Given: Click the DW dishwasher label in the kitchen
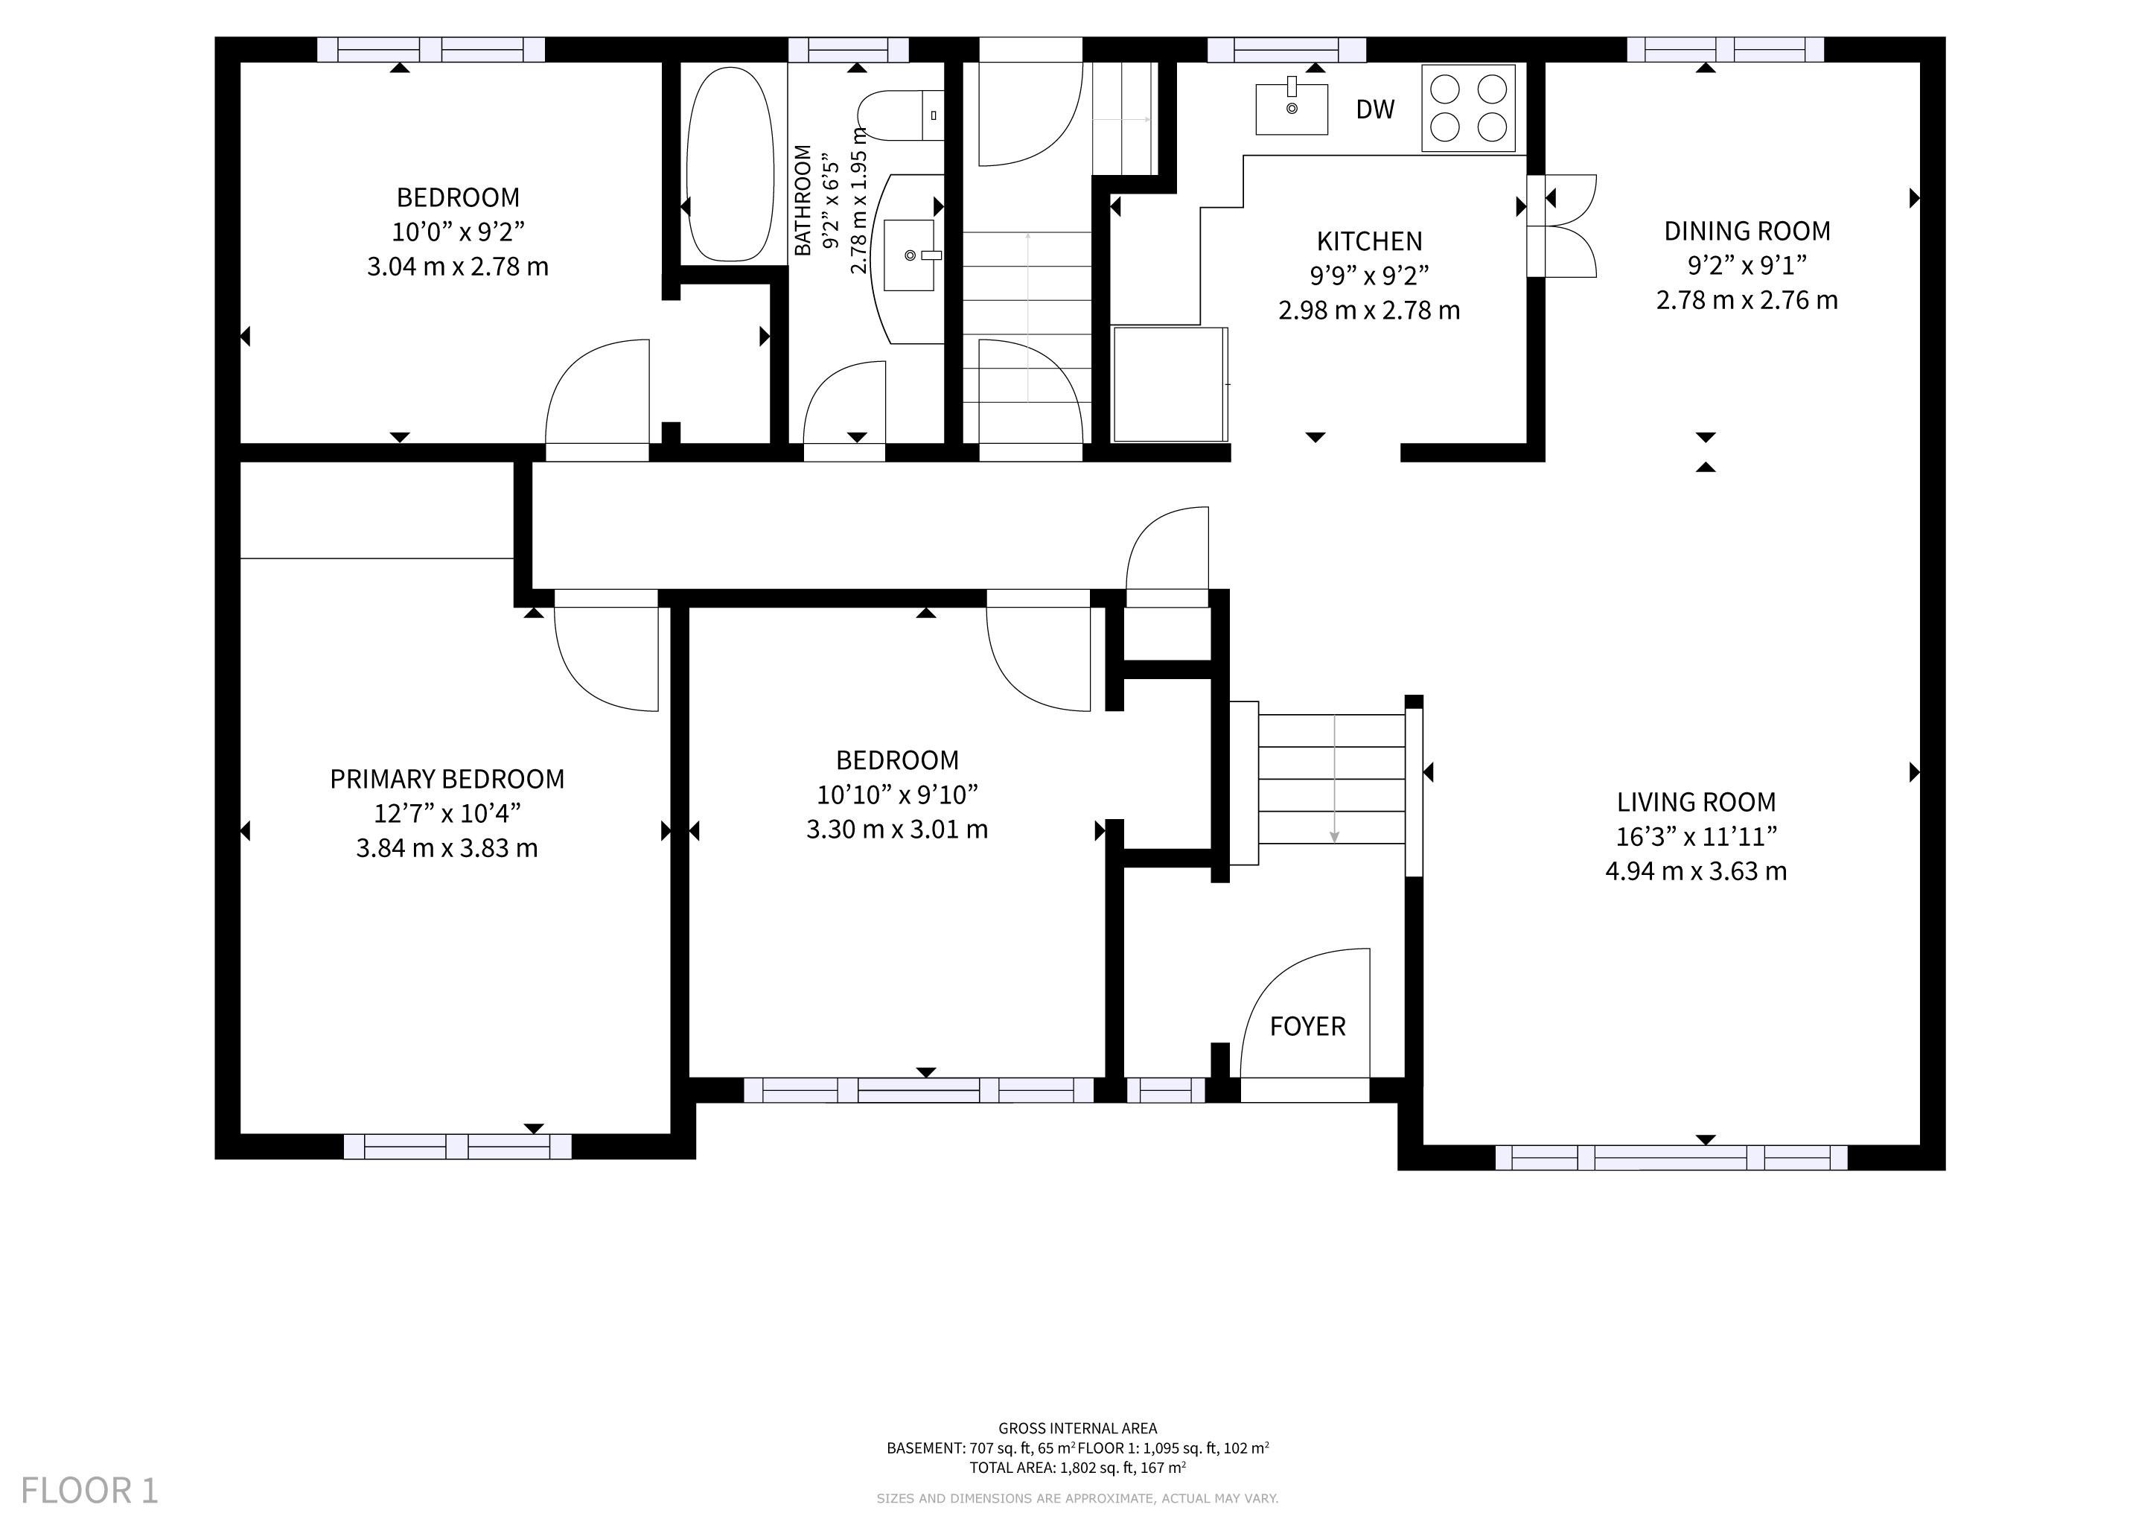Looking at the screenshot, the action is click(x=1375, y=110).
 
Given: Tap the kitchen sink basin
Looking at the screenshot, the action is click(x=1292, y=109).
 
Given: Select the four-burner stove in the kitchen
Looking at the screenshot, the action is click(x=1469, y=108).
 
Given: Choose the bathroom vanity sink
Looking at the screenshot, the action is click(x=910, y=255).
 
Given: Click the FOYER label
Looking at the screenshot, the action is click(x=1307, y=1026).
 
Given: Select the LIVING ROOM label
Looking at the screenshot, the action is click(x=1696, y=802).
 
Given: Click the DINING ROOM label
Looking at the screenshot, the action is click(x=1747, y=231).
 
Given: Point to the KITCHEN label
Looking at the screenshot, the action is click(x=1369, y=241).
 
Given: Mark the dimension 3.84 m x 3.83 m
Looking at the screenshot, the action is click(x=447, y=848).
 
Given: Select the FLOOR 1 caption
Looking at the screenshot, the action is click(x=89, y=1490).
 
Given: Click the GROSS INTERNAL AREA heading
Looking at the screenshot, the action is click(x=1077, y=1428).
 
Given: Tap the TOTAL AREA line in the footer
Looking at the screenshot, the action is click(x=1077, y=1467).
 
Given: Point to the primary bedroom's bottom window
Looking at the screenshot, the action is click(x=457, y=1147).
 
